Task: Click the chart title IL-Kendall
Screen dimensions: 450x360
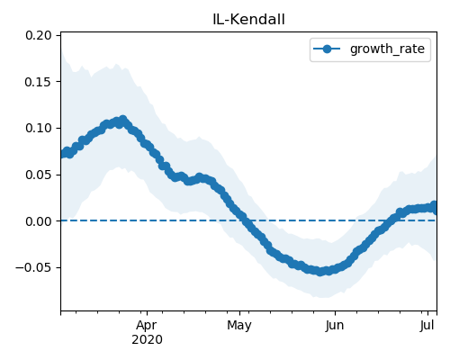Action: [x=248, y=20]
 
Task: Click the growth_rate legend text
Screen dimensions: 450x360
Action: [x=387, y=49]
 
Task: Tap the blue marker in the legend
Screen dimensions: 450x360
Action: [x=327, y=49]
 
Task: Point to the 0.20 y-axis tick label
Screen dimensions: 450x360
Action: [x=39, y=35]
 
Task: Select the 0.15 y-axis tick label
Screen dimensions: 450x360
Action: [x=39, y=82]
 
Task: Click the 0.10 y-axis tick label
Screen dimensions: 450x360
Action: [x=39, y=129]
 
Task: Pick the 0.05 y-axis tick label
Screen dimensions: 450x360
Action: [x=39, y=175]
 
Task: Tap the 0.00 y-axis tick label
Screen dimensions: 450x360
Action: [x=39, y=221]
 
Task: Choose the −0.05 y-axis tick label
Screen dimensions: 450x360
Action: [x=33, y=267]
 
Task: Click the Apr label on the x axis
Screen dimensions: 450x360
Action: [x=147, y=326]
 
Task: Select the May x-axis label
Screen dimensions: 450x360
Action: [x=239, y=326]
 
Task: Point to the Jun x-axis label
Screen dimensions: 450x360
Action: [x=335, y=326]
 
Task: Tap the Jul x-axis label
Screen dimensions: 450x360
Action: [x=427, y=326]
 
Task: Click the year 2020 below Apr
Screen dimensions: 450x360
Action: [x=147, y=339]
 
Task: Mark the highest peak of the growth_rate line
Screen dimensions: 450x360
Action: [x=122, y=120]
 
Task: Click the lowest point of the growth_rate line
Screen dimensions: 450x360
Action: [x=320, y=272]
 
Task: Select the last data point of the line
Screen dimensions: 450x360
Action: [x=434, y=207]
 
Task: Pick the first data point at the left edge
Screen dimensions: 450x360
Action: [x=63, y=154]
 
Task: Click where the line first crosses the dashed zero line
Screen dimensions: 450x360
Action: [x=246, y=220]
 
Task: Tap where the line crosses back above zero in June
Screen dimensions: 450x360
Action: [x=391, y=220]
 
